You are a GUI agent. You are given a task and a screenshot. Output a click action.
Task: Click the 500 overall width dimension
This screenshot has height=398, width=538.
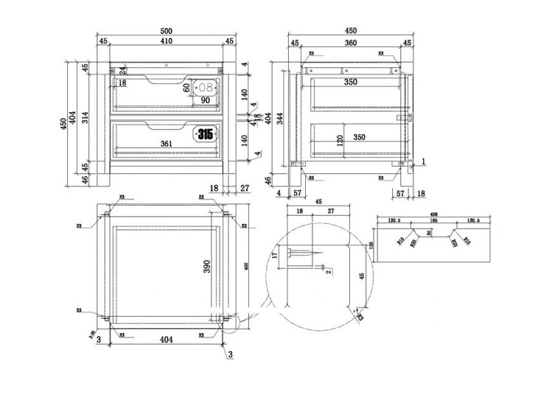pyautogui.click(x=167, y=31)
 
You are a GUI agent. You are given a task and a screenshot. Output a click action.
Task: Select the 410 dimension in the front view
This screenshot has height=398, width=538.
pyautogui.click(x=167, y=42)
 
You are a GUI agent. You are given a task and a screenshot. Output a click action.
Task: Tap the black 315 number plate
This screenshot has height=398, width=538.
pyautogui.click(x=204, y=134)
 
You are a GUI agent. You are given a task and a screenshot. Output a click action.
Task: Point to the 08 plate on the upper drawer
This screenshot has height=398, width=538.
pyautogui.click(x=204, y=87)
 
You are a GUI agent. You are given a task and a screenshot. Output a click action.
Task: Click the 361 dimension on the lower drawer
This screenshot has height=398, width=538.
pyautogui.click(x=166, y=144)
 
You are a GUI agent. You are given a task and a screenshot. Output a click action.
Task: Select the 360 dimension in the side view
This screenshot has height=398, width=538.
pyautogui.click(x=350, y=43)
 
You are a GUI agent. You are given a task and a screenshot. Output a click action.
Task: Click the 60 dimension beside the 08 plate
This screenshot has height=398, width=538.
pyautogui.click(x=186, y=87)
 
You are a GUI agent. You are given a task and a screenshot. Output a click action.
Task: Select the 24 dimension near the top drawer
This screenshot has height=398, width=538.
pyautogui.click(x=123, y=71)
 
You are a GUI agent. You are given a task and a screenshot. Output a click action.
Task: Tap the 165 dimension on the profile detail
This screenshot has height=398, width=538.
pyautogui.click(x=433, y=220)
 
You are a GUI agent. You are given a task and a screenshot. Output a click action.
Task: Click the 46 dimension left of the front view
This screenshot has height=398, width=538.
pyautogui.click(x=85, y=178)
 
